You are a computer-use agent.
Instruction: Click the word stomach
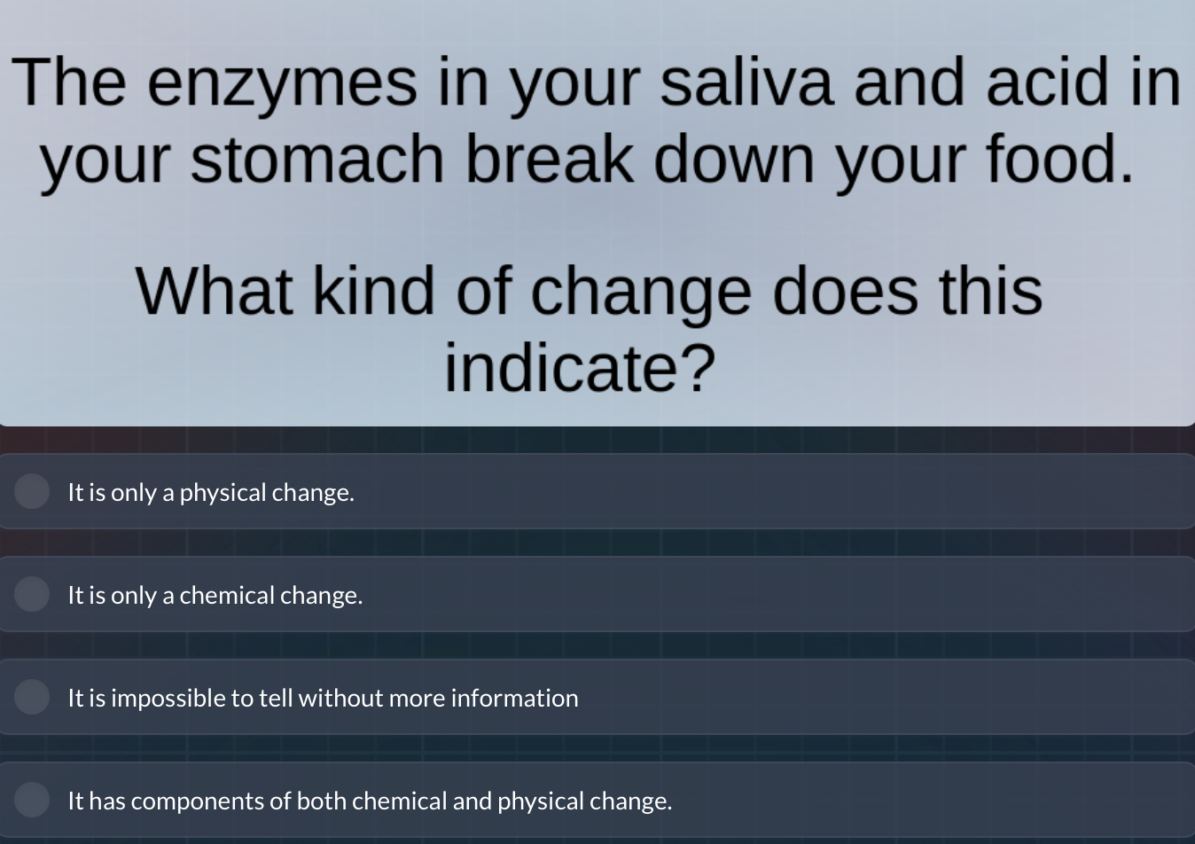coord(316,160)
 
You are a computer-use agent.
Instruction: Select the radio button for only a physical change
coord(32,491)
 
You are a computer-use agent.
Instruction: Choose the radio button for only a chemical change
coord(32,594)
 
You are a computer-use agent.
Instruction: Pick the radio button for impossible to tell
coord(32,697)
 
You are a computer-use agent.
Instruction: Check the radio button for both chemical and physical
coord(32,800)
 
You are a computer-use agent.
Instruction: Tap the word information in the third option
coord(514,699)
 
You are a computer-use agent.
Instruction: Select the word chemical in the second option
coord(227,596)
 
